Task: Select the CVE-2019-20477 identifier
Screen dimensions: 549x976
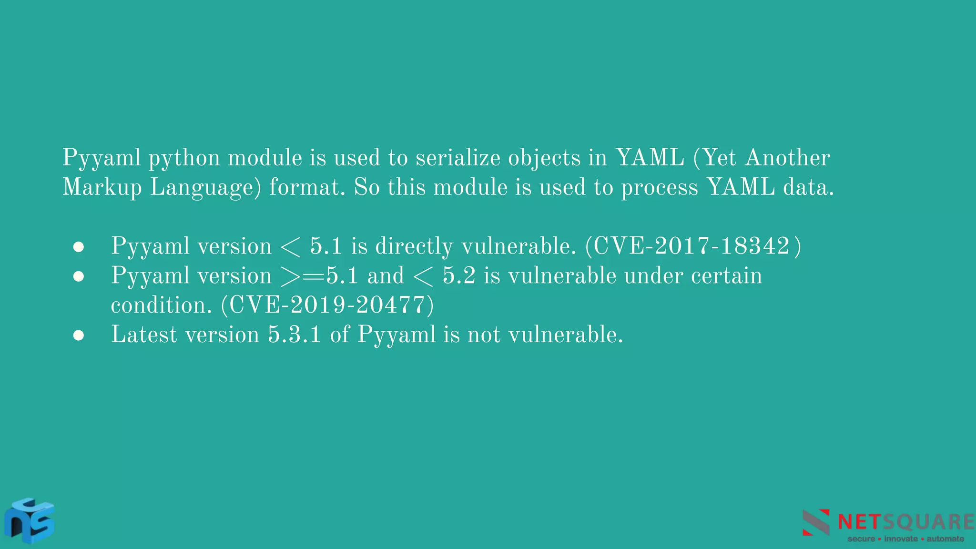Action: (x=327, y=305)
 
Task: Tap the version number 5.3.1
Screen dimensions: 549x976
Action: (x=295, y=334)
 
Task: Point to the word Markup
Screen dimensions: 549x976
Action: (x=102, y=187)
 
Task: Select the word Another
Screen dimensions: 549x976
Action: (x=788, y=158)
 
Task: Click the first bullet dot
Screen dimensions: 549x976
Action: (x=79, y=247)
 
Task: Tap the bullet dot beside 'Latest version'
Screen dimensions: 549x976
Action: (x=79, y=335)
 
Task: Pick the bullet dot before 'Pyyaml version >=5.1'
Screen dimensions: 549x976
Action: (x=79, y=276)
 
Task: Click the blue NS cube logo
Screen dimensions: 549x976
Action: (x=30, y=521)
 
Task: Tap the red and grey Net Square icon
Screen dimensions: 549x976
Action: (x=816, y=522)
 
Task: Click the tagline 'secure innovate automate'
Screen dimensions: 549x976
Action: (x=905, y=539)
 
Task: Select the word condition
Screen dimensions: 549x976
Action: (x=161, y=305)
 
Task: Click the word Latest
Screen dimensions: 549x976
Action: (x=144, y=334)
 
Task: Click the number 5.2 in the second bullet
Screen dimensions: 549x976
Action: (x=459, y=276)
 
